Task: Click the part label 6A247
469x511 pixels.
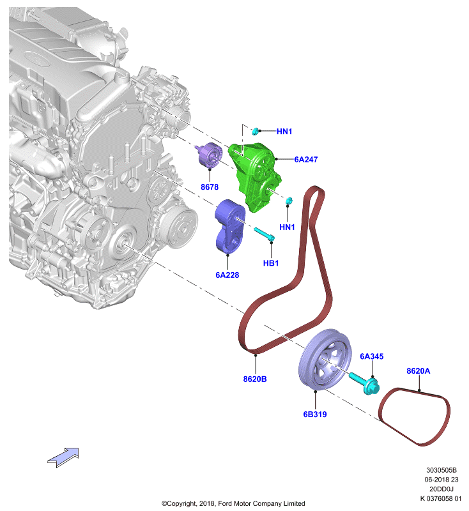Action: coord(305,159)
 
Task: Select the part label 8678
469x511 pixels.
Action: coord(210,187)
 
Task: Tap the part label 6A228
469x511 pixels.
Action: coord(227,275)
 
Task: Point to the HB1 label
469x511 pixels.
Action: coord(271,263)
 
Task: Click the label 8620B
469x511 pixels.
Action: coord(255,379)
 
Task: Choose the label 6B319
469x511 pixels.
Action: coord(315,414)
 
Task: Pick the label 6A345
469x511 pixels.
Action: coord(371,356)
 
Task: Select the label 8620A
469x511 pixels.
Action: coord(418,371)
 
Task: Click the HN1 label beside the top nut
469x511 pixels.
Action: coord(284,132)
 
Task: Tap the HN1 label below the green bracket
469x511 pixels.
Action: coord(287,227)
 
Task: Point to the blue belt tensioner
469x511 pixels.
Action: coord(229,226)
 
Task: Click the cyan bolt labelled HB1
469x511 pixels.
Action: coord(265,234)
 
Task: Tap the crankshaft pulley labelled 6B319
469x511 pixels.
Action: coord(325,360)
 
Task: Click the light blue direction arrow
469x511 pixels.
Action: coord(63,457)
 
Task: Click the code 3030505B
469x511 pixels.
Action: coord(442,470)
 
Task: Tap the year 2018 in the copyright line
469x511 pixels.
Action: coord(206,503)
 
